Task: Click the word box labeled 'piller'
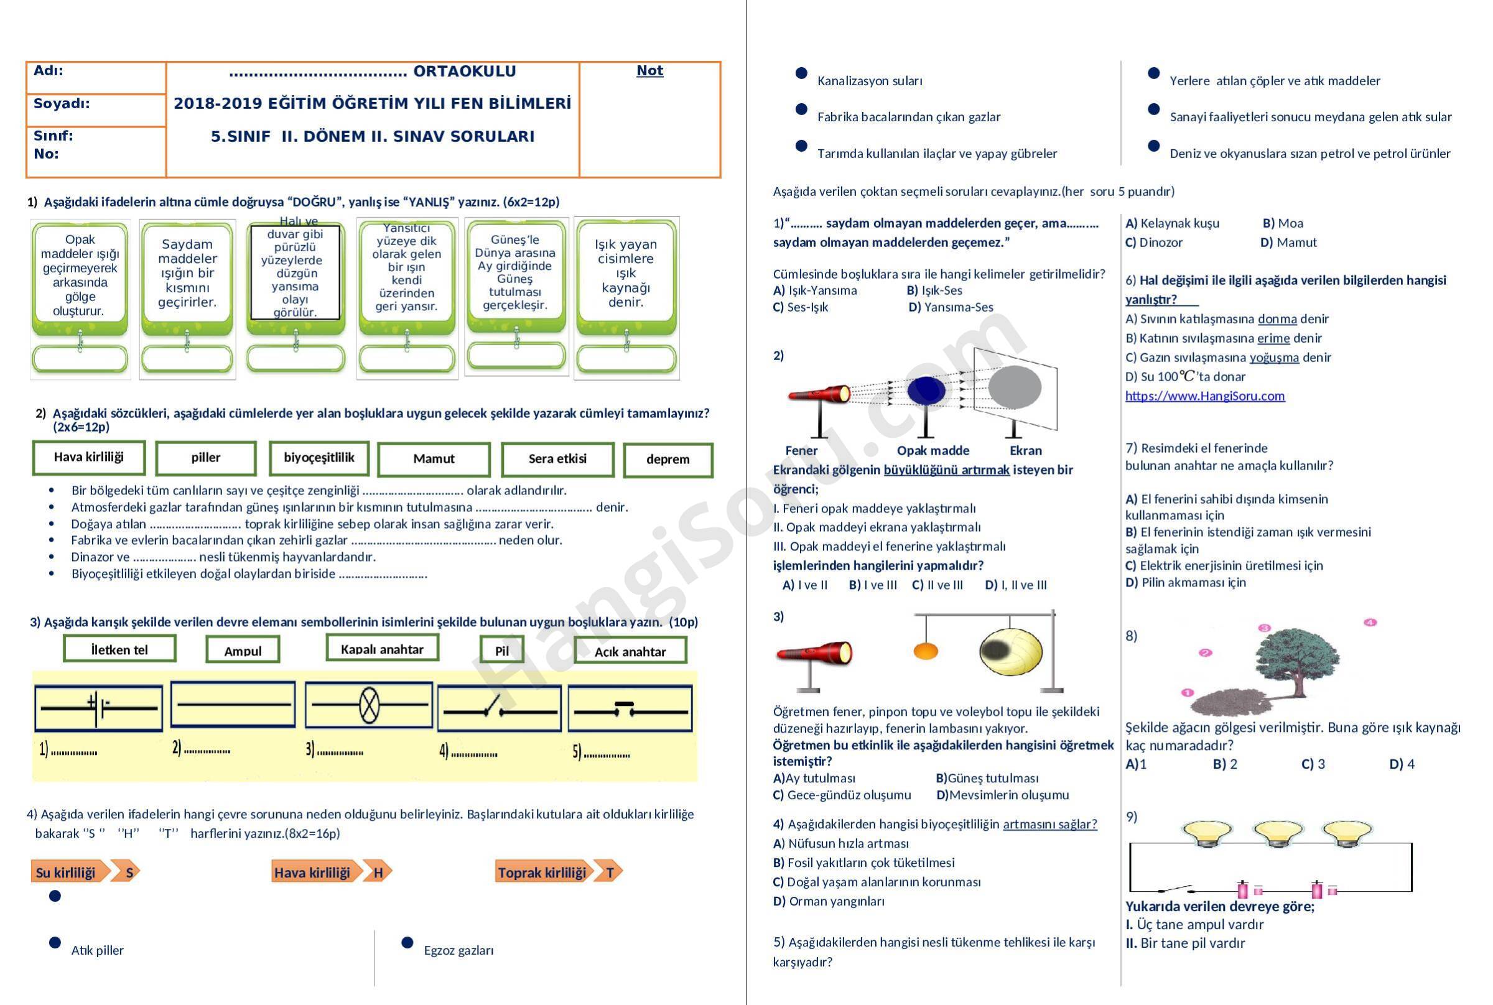206,458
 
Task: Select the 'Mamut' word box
434,459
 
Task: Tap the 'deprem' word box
668,460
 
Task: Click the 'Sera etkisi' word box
558,459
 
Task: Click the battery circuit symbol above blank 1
98,708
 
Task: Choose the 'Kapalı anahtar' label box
382,648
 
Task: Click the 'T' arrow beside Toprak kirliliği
608,872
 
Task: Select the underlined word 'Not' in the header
649,70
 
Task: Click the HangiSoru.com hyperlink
1205,396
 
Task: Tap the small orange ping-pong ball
926,651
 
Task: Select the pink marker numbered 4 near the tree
1370,623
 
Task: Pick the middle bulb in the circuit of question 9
1278,835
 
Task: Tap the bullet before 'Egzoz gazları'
407,942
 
